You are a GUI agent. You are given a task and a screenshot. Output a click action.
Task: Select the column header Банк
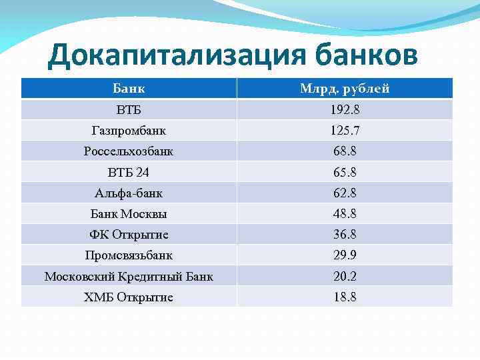tap(129, 89)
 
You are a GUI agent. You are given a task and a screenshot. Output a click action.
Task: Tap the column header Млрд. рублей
tap(345, 89)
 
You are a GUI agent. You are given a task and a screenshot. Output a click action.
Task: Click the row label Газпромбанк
tap(129, 131)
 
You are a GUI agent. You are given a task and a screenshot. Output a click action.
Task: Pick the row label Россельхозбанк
tap(129, 151)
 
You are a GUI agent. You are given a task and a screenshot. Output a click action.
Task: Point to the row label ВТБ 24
tap(129, 172)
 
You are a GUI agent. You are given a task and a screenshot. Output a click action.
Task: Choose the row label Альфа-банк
tap(129, 193)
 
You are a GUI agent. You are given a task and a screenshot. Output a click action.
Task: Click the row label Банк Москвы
tap(129, 214)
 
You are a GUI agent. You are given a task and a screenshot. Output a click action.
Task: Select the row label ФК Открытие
tap(129, 235)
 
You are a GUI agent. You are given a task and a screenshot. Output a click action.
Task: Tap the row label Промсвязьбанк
tap(129, 255)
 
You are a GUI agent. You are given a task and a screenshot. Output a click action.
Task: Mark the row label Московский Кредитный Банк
tap(129, 276)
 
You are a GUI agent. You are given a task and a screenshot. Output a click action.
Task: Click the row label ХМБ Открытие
tap(129, 297)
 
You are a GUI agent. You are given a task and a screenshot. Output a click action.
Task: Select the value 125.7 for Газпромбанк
tap(345, 131)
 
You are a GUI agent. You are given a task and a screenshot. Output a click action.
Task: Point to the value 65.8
tap(345, 172)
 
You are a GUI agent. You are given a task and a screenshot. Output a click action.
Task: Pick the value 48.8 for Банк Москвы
tap(345, 214)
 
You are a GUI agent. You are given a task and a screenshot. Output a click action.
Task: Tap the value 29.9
tap(345, 255)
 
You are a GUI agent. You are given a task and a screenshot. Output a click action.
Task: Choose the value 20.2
tap(345, 276)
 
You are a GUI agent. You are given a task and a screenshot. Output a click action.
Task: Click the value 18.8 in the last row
tap(345, 297)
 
